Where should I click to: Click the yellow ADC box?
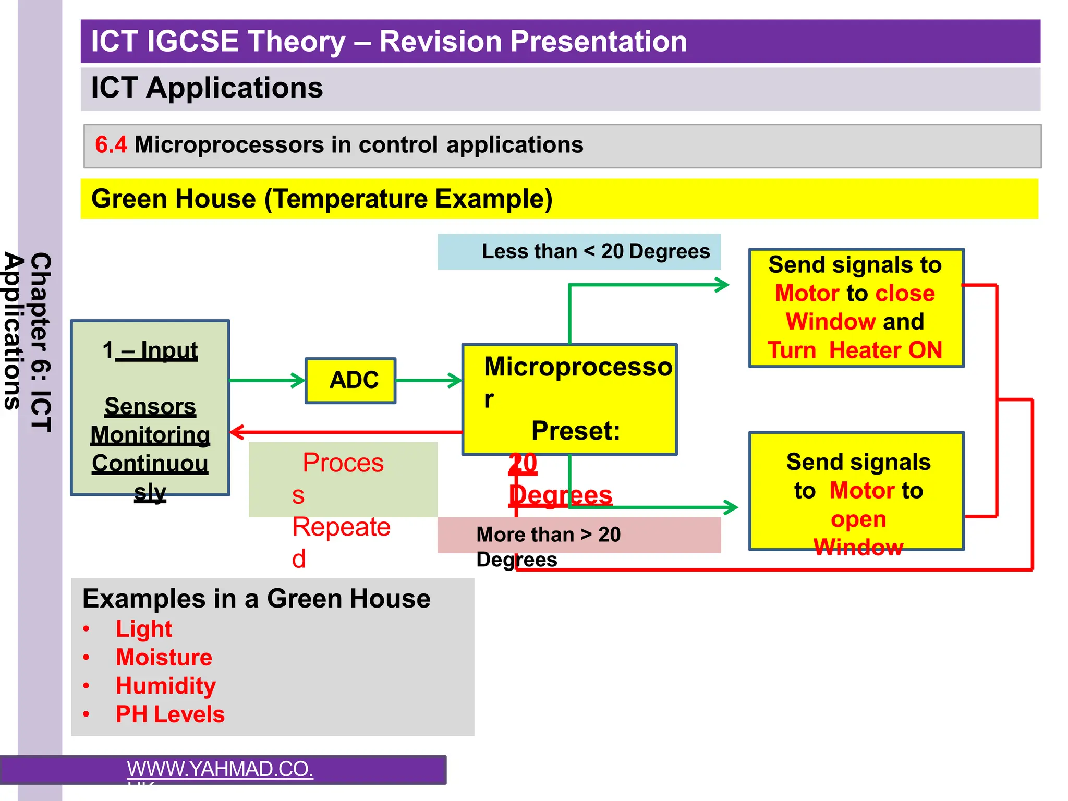pos(350,380)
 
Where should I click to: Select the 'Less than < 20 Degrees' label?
pos(595,251)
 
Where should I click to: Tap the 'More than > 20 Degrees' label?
pos(548,535)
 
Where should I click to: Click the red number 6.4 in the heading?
pos(111,144)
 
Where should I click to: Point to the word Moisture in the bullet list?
pos(164,657)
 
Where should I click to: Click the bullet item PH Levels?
pos(170,714)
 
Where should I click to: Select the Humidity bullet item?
pos(165,686)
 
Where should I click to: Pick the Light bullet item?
pos(143,629)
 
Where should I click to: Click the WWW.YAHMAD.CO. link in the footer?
pos(220,769)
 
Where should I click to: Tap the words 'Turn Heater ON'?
pos(855,350)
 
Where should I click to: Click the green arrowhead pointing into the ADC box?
pos(299,380)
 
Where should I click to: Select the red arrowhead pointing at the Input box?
pos(237,432)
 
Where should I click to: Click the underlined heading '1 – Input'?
pos(150,350)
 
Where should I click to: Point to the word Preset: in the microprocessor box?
pos(575,431)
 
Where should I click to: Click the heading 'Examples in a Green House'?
pos(256,599)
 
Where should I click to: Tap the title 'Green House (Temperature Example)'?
pos(322,199)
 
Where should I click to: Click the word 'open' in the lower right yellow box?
pos(858,519)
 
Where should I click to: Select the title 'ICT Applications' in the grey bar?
pos(207,88)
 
